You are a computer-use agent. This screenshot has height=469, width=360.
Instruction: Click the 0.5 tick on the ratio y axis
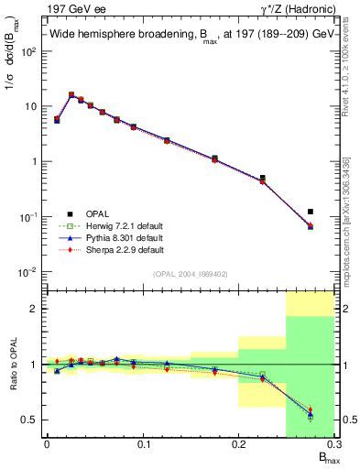[x=31, y=420]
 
